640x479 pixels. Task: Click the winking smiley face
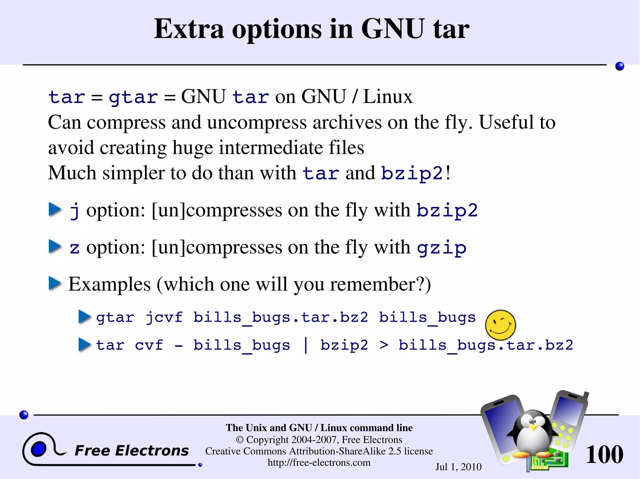click(x=500, y=325)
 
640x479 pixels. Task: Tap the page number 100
click(x=604, y=454)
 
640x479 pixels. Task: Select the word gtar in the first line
click(x=133, y=97)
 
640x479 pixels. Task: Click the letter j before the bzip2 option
click(x=74, y=210)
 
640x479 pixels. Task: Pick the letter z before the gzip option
click(x=74, y=248)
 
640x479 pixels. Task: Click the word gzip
click(x=442, y=248)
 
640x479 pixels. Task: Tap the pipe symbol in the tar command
click(x=306, y=345)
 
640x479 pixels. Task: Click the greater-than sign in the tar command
click(x=384, y=345)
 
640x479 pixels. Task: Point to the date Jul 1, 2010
click(x=458, y=467)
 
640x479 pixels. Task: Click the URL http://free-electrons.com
click(x=319, y=462)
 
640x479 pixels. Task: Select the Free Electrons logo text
click(x=132, y=451)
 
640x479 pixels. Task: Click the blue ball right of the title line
click(x=619, y=66)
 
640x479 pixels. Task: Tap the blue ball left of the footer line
click(x=24, y=415)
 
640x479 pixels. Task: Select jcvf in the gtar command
click(x=164, y=318)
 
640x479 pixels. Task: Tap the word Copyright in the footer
click(x=267, y=440)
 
